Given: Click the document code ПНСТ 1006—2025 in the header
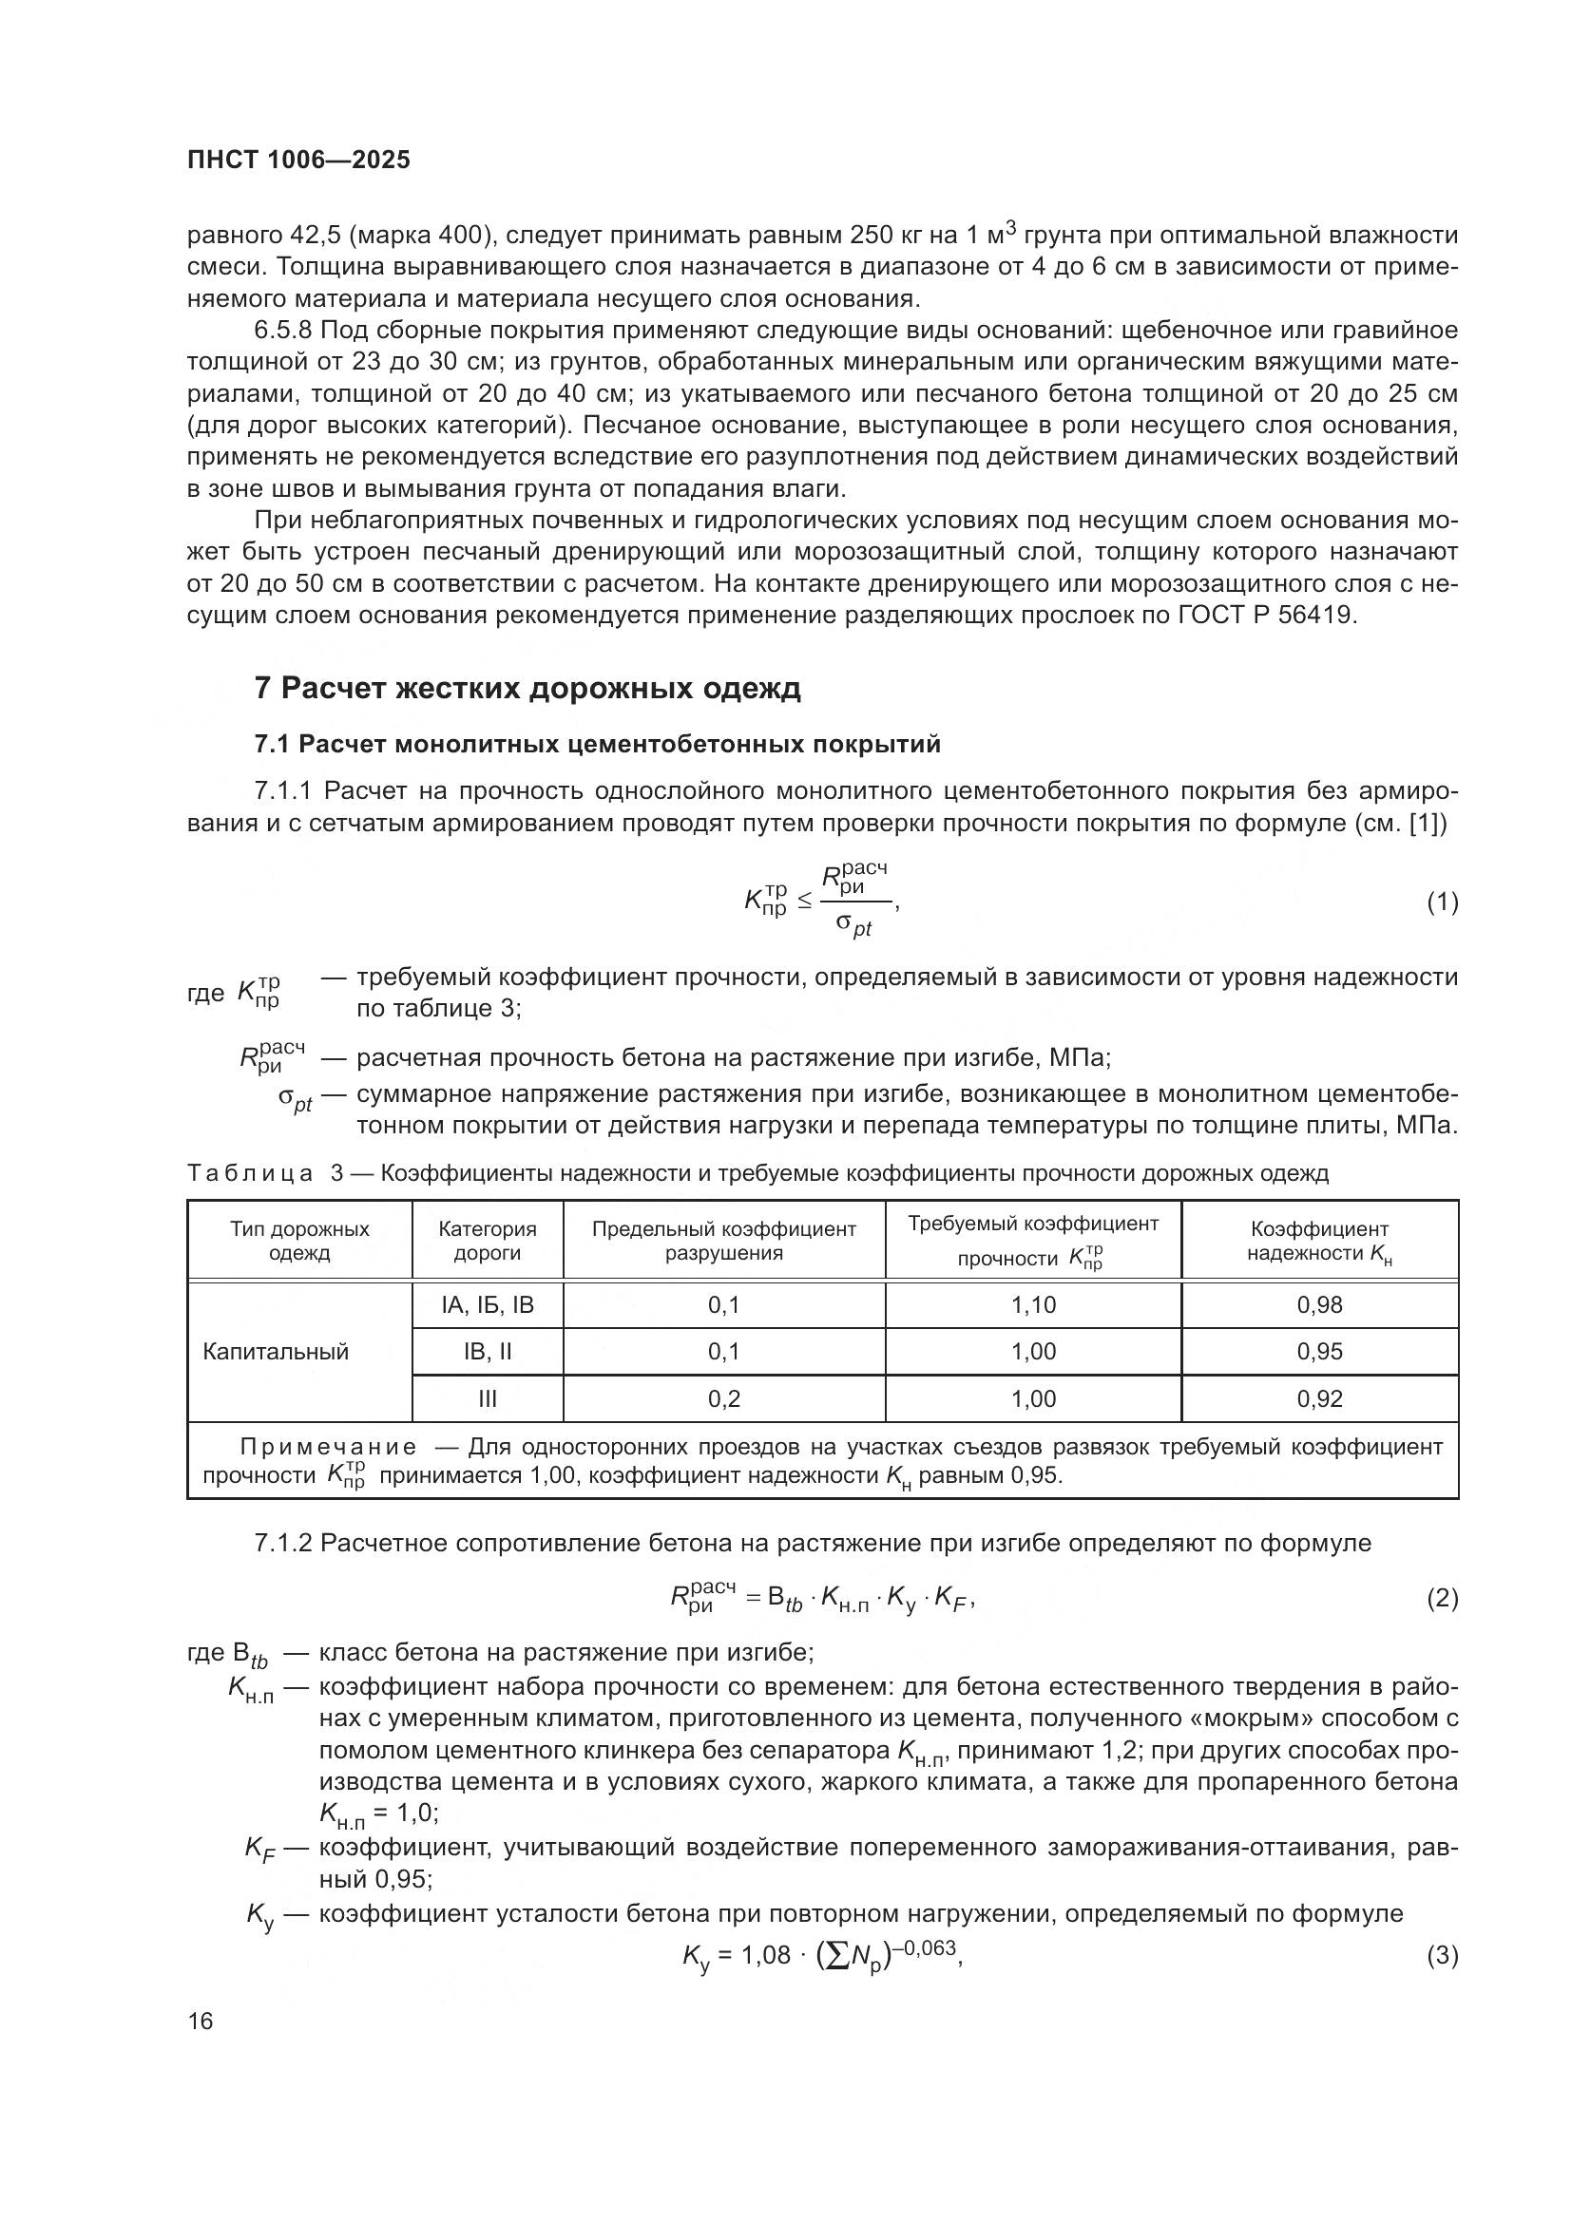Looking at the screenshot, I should [298, 160].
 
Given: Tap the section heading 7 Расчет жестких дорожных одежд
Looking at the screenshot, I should [527, 688].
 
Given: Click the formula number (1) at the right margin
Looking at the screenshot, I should [1443, 902].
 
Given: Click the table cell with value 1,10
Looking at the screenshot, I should [1033, 1304].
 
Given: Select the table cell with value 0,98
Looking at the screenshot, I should [1319, 1304].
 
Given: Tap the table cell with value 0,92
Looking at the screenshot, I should [1319, 1398].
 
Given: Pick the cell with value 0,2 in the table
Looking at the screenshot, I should [723, 1398].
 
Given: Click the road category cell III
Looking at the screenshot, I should [488, 1398].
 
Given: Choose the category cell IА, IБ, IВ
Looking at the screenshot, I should [488, 1304].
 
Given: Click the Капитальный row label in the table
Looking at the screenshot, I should [276, 1352].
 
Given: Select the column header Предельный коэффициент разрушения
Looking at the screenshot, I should [723, 1241].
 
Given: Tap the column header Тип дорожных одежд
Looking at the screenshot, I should [299, 1241].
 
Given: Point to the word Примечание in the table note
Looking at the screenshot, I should [329, 1447].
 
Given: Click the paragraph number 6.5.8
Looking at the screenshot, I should [282, 331].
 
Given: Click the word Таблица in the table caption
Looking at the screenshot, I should [250, 1174].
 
